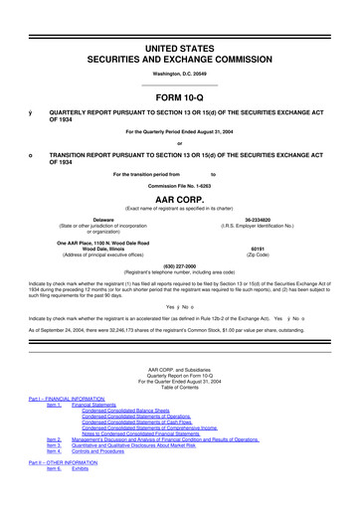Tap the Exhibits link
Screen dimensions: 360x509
click(95, 466)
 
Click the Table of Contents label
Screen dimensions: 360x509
click(180, 385)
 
